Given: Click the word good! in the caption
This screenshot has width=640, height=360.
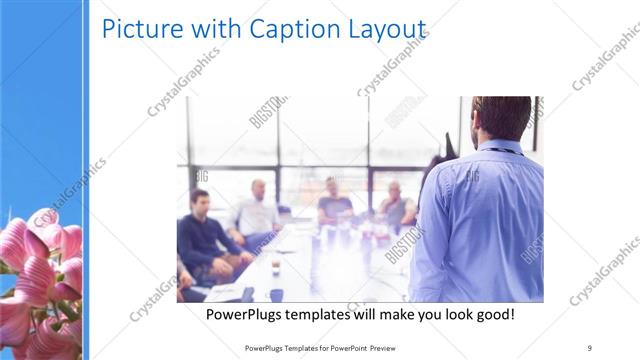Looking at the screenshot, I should point(491,315).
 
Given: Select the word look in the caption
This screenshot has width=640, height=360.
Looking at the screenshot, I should point(443,315).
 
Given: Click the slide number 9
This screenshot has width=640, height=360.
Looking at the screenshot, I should point(589,347).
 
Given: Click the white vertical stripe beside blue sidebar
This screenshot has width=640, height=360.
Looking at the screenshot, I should point(86,180).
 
